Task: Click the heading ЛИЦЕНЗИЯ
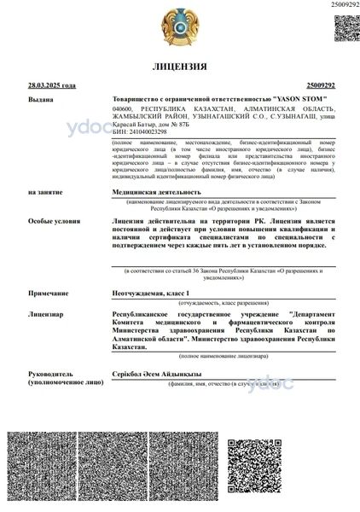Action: coord(179,67)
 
